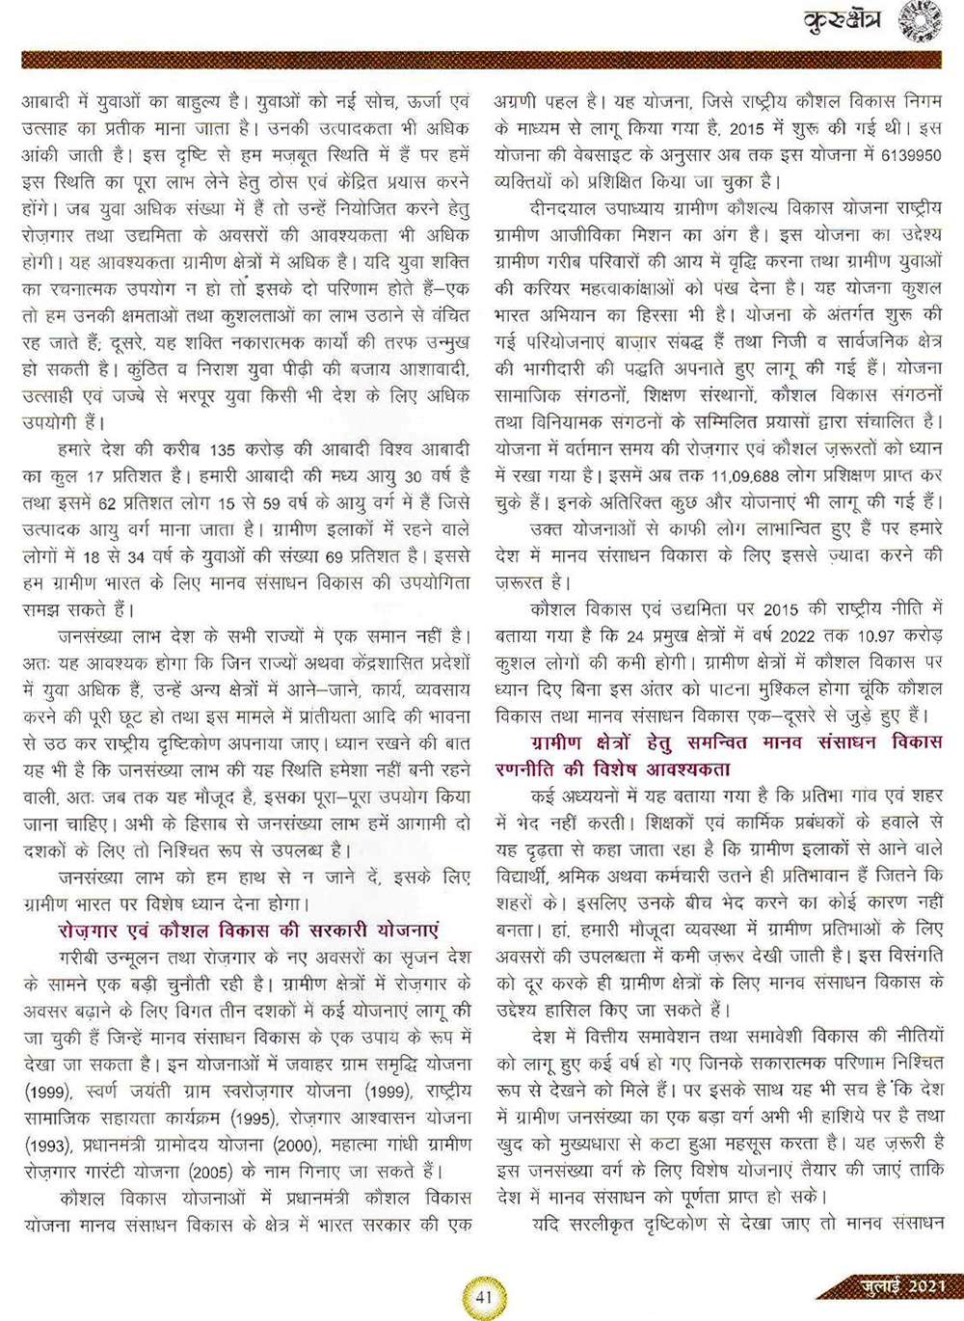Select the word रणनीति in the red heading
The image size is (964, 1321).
click(x=528, y=769)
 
